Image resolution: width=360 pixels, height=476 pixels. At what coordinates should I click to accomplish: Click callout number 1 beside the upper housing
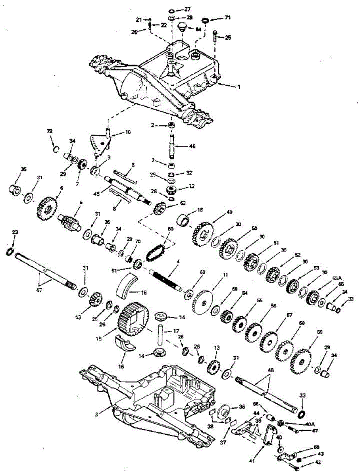click(239, 87)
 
